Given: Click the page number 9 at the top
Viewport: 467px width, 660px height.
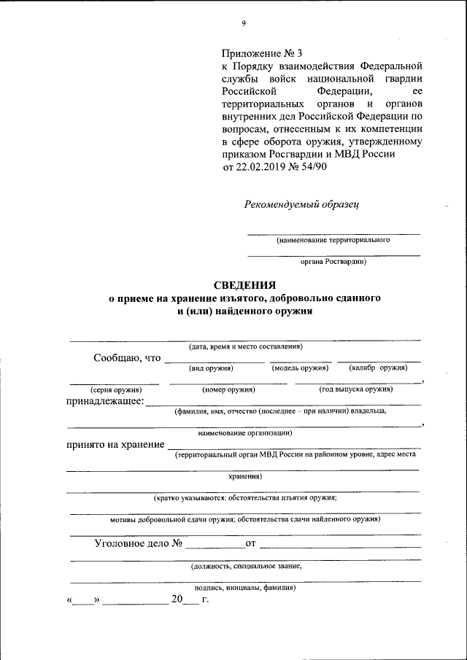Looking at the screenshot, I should click(244, 23).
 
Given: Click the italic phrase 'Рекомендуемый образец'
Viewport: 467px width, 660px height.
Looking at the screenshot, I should click(301, 204).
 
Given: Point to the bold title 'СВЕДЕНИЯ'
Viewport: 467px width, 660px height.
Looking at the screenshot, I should click(244, 285).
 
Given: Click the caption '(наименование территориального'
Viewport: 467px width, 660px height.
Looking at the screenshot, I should click(333, 240).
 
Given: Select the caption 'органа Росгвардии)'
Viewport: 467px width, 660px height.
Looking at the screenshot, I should click(333, 261).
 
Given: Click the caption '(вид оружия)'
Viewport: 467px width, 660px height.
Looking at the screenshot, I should click(211, 368).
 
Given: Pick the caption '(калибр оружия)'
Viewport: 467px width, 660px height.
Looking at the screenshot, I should click(378, 368).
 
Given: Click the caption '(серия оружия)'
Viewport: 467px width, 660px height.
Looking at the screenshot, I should click(110, 389).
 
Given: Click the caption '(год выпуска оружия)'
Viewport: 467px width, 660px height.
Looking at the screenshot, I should click(356, 389).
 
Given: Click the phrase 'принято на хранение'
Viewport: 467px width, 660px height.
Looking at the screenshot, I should click(115, 444).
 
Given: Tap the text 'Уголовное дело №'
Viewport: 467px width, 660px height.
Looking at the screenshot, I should click(138, 543).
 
